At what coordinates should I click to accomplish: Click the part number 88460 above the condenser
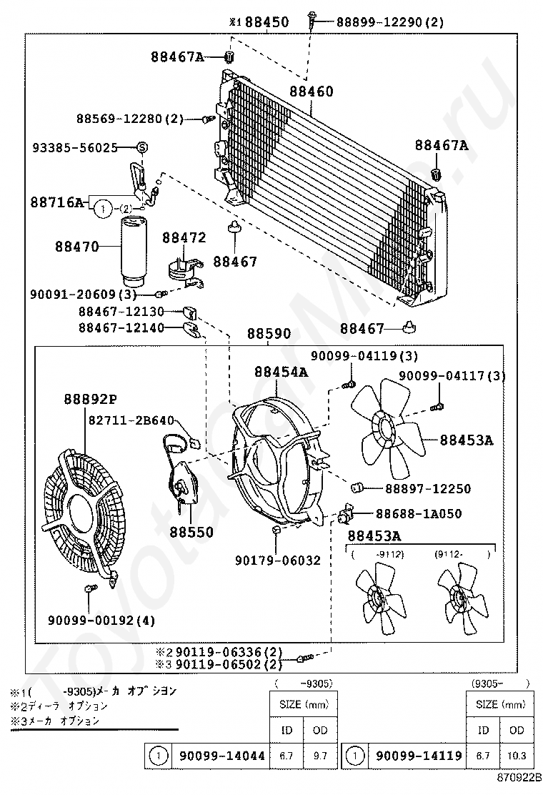point(312,92)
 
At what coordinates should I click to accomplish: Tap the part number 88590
point(269,334)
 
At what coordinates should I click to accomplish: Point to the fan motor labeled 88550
point(184,486)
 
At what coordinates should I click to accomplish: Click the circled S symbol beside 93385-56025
point(141,147)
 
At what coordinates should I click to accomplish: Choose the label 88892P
point(89,399)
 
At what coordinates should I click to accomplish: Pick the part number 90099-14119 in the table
point(420,755)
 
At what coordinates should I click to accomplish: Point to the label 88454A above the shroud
point(281,372)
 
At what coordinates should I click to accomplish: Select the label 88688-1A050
point(417,513)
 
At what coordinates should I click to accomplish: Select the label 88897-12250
point(427,489)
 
